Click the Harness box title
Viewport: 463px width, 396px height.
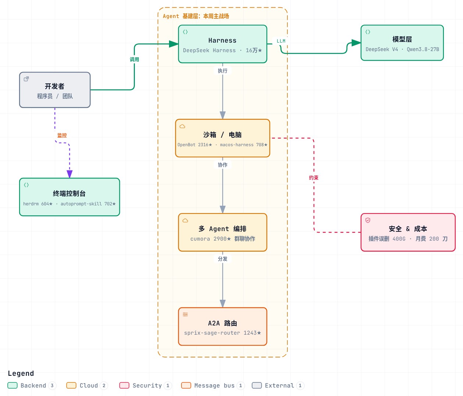(222, 40)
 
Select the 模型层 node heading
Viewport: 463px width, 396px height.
(402, 39)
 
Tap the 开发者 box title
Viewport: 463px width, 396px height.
(55, 86)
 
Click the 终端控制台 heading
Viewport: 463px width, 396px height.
(69, 194)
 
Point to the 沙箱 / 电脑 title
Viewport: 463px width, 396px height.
(222, 135)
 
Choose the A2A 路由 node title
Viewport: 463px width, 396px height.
(222, 323)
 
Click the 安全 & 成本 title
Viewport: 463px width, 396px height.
(408, 229)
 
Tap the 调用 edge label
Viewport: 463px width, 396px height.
(134, 60)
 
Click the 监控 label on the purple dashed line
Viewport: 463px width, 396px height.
(62, 135)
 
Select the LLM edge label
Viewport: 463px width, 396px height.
(281, 41)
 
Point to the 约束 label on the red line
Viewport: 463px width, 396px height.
(313, 178)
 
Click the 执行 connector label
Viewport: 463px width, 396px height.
(222, 71)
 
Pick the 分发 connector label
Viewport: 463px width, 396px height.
(222, 259)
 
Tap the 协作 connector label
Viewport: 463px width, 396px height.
(222, 165)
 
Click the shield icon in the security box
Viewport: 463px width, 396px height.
(368, 220)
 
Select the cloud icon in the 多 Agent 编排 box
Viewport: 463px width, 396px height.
(185, 221)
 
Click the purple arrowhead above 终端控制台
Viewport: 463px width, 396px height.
(69, 174)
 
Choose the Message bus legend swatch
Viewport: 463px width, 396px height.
(186, 385)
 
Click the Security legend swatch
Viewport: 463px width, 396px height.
(124, 385)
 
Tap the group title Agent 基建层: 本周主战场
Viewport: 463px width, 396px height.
(196, 16)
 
